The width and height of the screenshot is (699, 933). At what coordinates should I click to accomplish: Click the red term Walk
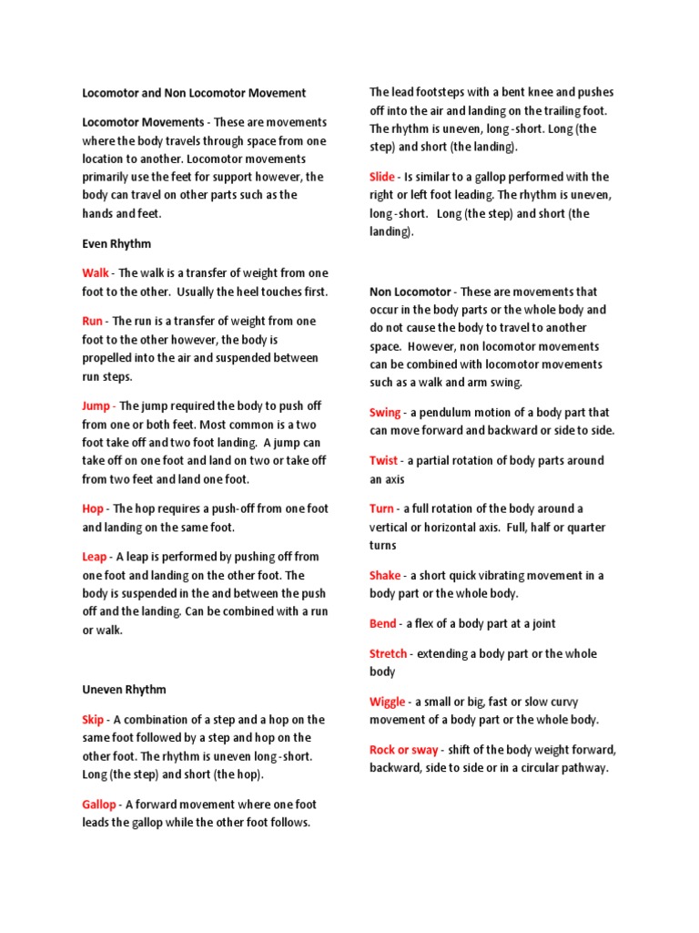tap(96, 273)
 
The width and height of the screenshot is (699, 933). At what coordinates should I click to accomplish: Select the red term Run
tap(92, 322)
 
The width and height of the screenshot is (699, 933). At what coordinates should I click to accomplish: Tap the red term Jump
tap(97, 406)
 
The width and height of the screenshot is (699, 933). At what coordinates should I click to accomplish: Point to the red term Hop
tap(93, 509)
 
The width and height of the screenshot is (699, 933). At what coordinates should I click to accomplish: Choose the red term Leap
tap(95, 557)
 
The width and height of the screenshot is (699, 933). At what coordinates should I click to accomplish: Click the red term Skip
tap(94, 720)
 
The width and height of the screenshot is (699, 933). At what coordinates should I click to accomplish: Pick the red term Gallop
tap(99, 805)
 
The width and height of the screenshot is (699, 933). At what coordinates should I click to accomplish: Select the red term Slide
tap(382, 178)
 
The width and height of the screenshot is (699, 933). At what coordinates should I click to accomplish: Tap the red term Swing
tap(385, 413)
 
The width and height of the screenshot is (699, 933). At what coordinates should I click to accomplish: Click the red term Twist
tap(383, 461)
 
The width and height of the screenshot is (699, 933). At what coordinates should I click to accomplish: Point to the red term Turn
tap(381, 509)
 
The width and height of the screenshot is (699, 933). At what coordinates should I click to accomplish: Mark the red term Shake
tap(385, 576)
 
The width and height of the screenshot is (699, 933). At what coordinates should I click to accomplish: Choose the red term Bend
tap(382, 624)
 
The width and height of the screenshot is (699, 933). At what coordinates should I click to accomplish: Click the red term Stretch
tap(388, 654)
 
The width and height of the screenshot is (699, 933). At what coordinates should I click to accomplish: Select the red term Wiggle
tap(388, 702)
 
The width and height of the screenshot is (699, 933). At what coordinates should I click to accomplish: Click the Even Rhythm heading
tap(116, 244)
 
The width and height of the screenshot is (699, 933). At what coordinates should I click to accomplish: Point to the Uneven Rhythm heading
tap(125, 690)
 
